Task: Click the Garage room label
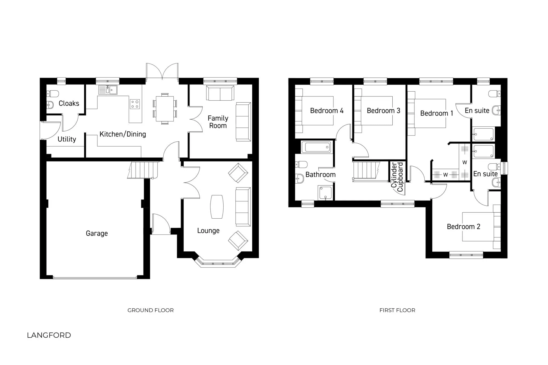click(97, 233)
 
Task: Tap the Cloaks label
click(69, 103)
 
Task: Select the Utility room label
click(67, 139)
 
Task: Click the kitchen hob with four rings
click(135, 104)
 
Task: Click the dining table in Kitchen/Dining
click(165, 109)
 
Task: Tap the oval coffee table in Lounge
click(217, 207)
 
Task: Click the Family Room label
click(218, 122)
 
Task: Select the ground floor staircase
click(142, 170)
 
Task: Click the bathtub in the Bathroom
click(316, 147)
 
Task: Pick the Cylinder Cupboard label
click(397, 177)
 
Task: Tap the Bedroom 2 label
click(463, 227)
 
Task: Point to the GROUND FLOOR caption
click(150, 310)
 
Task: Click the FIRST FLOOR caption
click(397, 310)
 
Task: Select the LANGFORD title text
click(49, 335)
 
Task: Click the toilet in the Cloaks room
click(53, 94)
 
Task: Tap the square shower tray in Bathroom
click(326, 193)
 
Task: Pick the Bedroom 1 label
click(436, 113)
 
